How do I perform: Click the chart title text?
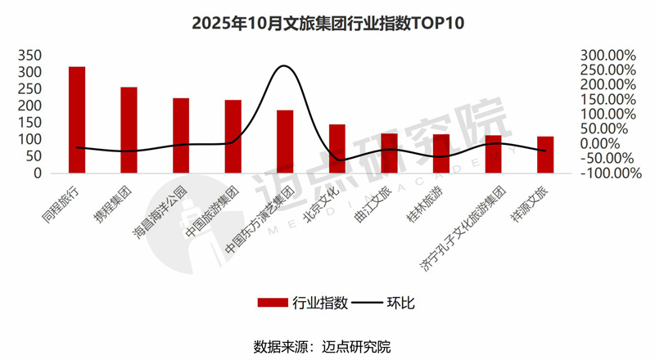[x=327, y=22]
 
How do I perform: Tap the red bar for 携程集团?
[x=129, y=130]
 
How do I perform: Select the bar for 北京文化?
[x=337, y=149]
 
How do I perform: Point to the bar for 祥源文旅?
[x=545, y=155]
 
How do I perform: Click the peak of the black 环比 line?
[x=283, y=66]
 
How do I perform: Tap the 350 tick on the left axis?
[x=30, y=55]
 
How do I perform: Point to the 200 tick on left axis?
[x=30, y=106]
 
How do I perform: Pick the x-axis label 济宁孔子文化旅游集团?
[x=475, y=221]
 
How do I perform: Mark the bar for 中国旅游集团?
[x=233, y=137]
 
